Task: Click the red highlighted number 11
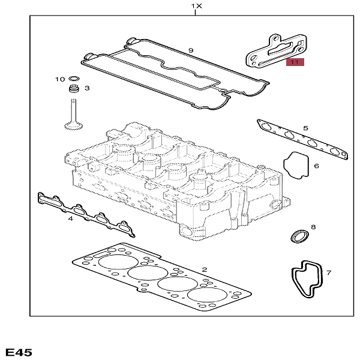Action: (295, 62)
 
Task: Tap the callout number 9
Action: (190, 50)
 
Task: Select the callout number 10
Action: (59, 79)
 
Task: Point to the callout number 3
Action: (86, 88)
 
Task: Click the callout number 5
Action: (305, 128)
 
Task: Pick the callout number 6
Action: (316, 166)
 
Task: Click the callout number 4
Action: (70, 218)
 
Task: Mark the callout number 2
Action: (204, 270)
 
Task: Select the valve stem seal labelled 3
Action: (74, 90)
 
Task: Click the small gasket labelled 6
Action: (296, 165)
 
